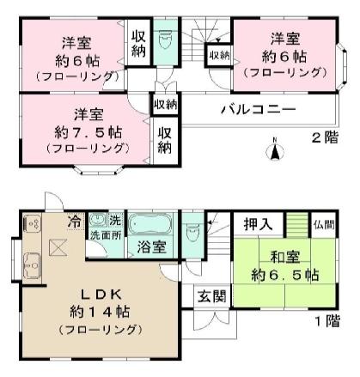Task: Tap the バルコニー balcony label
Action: (x=258, y=110)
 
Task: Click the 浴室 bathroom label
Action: (x=151, y=249)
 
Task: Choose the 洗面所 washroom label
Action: (x=107, y=235)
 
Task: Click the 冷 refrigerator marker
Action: (x=75, y=220)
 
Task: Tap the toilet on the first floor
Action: (x=194, y=230)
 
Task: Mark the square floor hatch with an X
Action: (x=58, y=248)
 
